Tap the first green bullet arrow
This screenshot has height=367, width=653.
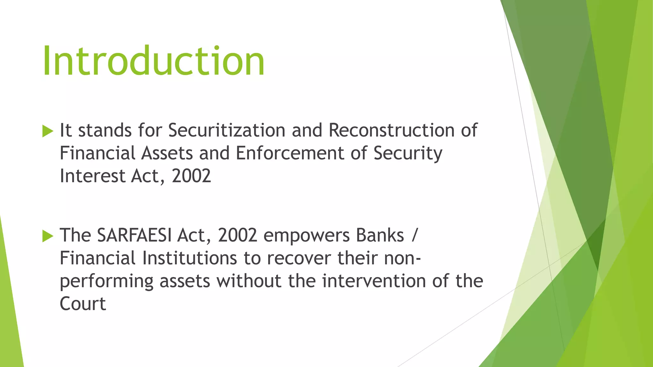48,131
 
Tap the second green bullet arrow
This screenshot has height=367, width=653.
48,236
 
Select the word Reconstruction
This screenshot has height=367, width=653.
392,131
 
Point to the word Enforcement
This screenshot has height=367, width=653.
290,153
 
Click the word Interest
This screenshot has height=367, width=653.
92,176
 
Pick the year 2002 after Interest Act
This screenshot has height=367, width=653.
191,176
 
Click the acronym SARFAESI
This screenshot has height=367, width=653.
134,236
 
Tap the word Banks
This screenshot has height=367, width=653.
380,236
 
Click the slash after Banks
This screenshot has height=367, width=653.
414,236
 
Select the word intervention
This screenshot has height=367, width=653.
374,281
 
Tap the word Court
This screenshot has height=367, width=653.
83,304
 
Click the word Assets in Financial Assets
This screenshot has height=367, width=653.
167,153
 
